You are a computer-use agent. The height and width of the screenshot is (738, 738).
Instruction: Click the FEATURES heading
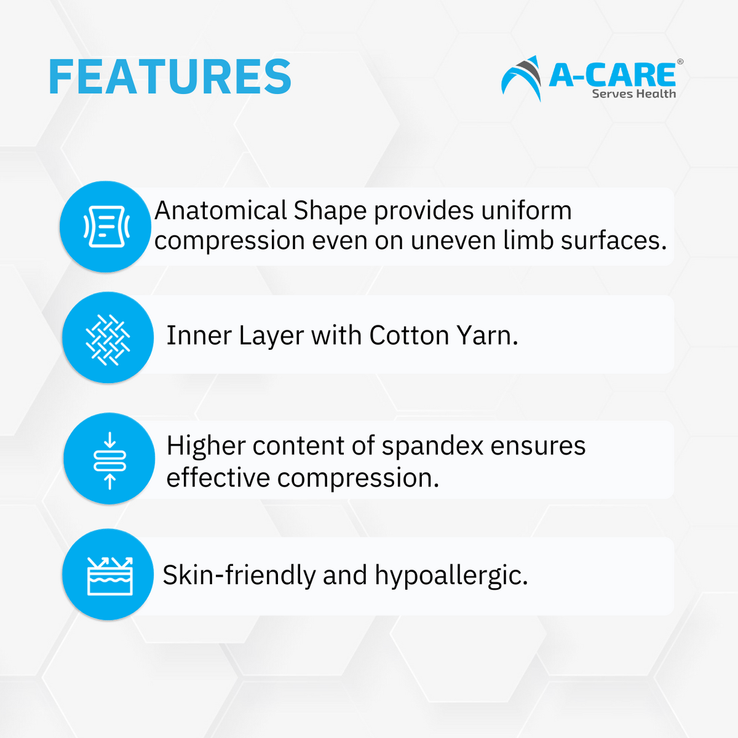170,77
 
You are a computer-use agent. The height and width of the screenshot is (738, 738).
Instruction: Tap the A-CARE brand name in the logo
612,75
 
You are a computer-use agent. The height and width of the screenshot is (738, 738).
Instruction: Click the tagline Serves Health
633,94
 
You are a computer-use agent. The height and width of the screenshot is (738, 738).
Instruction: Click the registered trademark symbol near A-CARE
680,62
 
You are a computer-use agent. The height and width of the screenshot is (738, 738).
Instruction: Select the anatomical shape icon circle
106,227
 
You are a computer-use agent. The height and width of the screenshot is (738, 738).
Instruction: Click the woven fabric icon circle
108,338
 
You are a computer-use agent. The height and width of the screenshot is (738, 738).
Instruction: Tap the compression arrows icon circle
109,459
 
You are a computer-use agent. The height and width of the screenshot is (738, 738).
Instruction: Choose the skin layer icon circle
108,575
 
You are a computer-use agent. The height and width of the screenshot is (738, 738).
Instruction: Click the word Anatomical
220,211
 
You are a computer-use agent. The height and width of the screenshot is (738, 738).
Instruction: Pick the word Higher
205,446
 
